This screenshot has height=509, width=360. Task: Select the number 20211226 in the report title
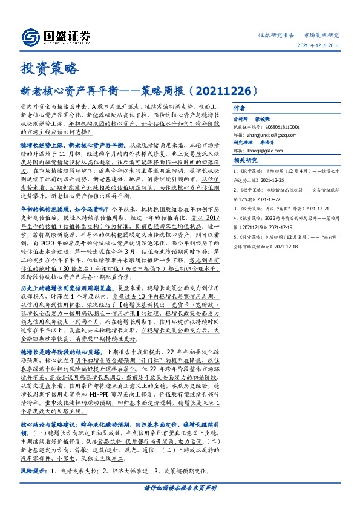click(223, 91)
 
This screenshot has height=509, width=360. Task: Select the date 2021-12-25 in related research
click(275, 180)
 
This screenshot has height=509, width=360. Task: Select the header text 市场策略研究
click(321, 35)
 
